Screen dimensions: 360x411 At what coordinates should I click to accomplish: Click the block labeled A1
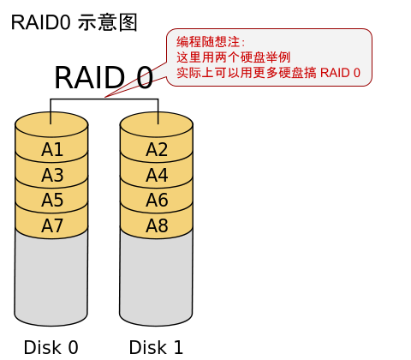click(52, 150)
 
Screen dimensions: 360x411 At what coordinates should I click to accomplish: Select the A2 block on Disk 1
click(157, 150)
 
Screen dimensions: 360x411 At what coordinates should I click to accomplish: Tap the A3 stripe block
click(52, 176)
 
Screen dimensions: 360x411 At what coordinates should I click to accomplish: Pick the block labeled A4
click(157, 176)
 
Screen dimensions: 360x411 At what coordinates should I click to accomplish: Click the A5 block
click(52, 201)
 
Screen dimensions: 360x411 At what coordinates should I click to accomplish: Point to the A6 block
click(157, 201)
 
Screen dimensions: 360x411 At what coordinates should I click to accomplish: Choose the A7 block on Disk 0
click(52, 226)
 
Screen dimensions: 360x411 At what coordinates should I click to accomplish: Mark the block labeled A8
click(157, 226)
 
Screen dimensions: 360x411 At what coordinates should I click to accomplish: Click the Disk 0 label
click(51, 347)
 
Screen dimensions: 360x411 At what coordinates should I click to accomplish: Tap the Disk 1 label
click(156, 347)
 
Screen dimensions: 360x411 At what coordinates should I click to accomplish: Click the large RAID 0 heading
click(104, 78)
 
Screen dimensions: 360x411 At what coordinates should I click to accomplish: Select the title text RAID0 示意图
click(74, 22)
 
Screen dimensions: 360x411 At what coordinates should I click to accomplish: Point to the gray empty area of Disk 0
click(52, 279)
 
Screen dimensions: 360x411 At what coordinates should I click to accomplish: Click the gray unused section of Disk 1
click(157, 279)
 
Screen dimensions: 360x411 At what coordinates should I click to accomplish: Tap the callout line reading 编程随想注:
click(211, 42)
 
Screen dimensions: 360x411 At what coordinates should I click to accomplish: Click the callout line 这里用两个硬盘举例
click(229, 57)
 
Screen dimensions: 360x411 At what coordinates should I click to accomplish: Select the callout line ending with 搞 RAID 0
click(268, 73)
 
